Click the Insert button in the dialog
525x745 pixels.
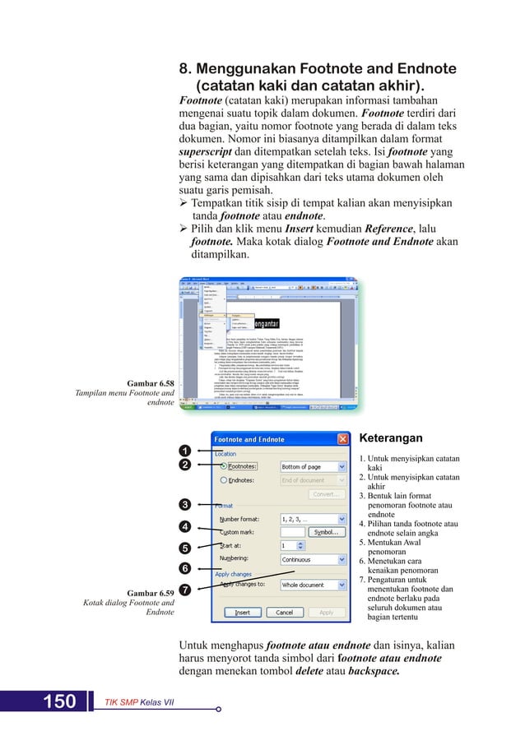pos(243,613)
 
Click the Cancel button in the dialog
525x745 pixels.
pos(285,613)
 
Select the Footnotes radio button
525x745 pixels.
pos(223,466)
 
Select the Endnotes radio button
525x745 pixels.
pos(223,480)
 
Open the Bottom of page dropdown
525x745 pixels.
pos(313,466)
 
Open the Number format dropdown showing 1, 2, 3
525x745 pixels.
pos(313,520)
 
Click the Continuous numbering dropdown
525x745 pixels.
pos(313,559)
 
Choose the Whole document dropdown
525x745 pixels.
pos(313,585)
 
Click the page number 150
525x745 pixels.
pos(59,701)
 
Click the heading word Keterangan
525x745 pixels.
pos(392,438)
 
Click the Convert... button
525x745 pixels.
pos(328,494)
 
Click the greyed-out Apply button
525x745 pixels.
pos(327,613)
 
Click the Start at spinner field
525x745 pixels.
pos(292,545)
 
